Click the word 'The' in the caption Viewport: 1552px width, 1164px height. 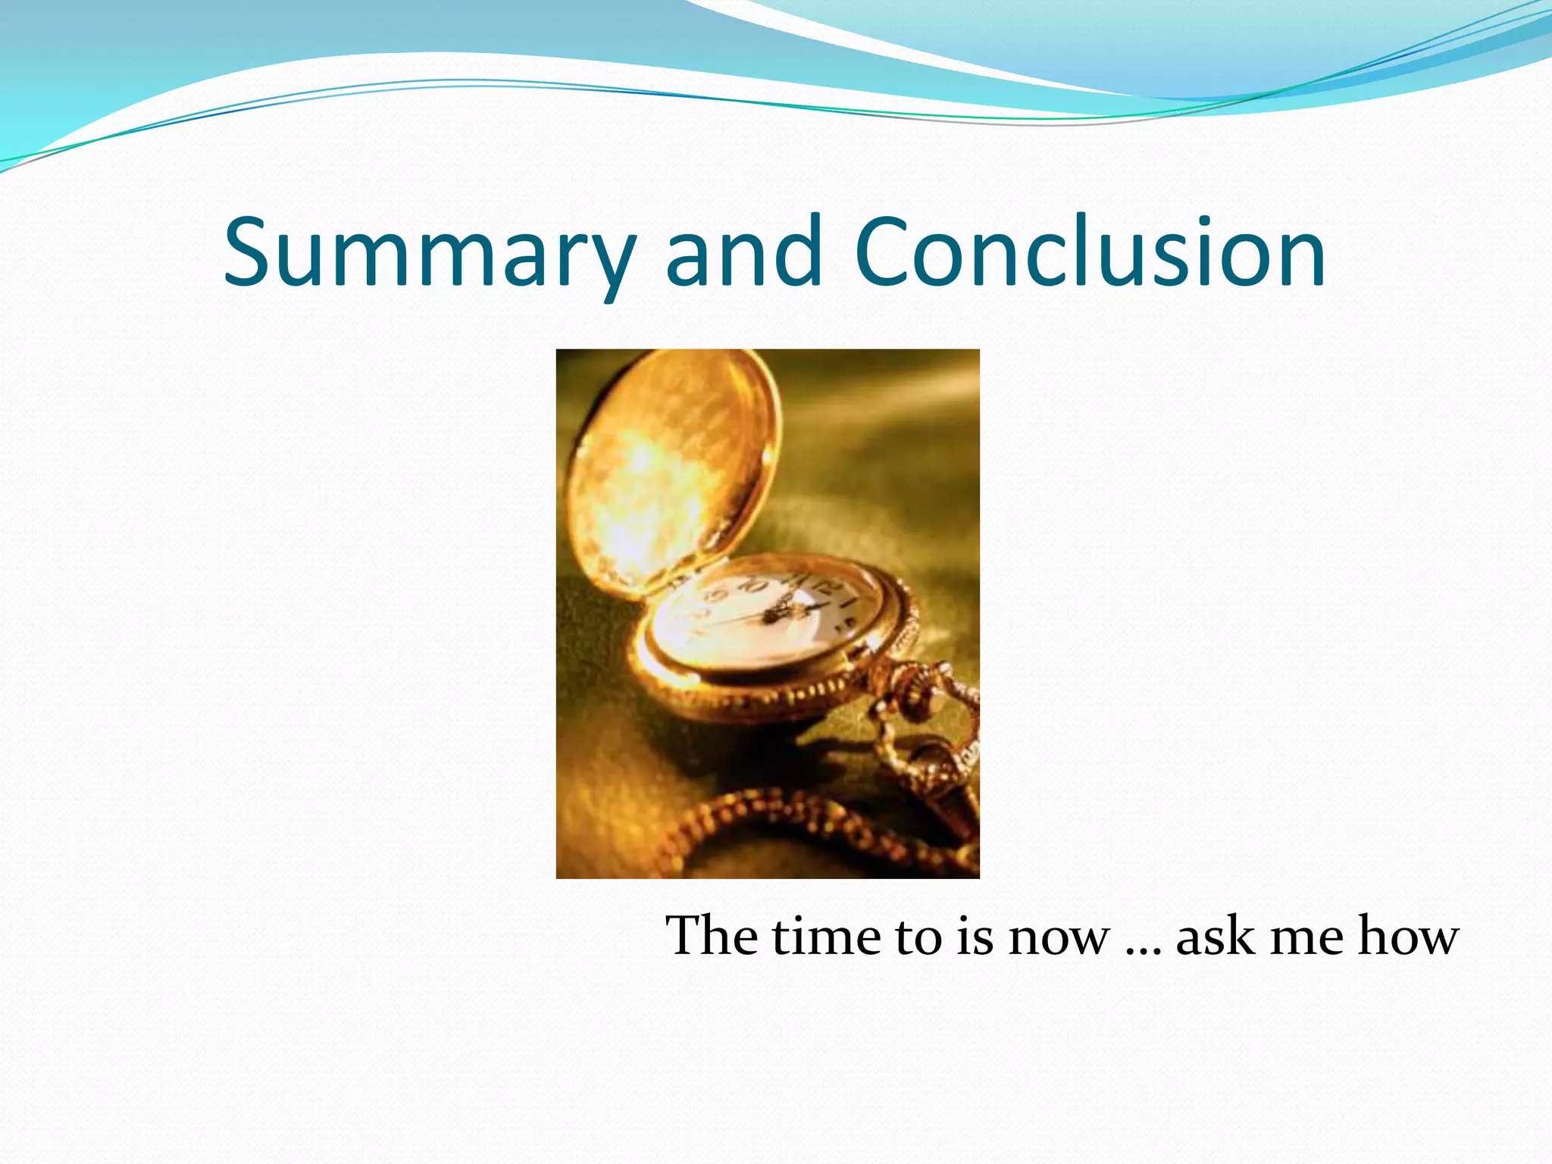(712, 935)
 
